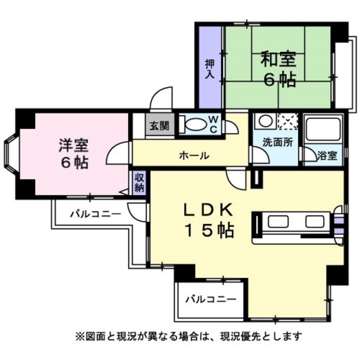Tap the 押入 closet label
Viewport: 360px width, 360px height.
[209, 69]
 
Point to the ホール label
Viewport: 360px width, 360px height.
[194, 155]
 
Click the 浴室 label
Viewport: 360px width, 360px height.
[328, 155]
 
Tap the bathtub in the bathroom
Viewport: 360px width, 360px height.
[323, 129]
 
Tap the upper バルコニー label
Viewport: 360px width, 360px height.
[95, 214]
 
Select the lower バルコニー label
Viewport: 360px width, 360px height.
[210, 299]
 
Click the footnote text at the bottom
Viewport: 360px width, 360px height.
[189, 337]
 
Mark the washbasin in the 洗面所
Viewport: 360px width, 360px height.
[263, 121]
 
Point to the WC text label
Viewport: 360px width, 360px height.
[214, 124]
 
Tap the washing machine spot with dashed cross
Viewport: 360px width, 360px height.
[289, 121]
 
